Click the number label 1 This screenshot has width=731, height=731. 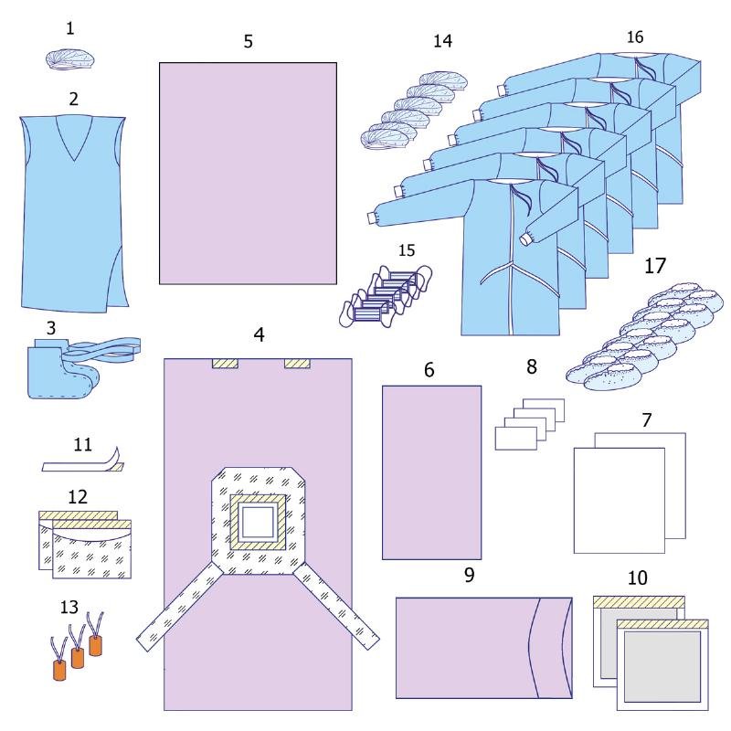(70, 29)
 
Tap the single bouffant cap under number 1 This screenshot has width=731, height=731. (70, 60)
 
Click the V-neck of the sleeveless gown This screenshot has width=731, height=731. (74, 139)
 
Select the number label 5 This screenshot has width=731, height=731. (248, 41)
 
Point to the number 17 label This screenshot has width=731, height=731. (655, 266)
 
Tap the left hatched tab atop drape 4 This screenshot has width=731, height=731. (225, 363)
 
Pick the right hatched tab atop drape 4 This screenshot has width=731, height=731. (298, 363)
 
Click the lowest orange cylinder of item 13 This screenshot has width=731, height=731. (59, 670)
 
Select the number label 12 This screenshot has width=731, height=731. (78, 497)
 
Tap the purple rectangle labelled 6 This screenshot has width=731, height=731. (431, 472)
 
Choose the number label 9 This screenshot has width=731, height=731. (470, 575)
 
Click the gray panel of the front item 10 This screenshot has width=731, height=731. (662, 666)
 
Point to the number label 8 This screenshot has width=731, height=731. (532, 367)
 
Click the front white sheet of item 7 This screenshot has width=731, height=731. (620, 500)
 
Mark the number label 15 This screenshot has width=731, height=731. (407, 250)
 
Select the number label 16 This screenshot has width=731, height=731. (635, 37)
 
